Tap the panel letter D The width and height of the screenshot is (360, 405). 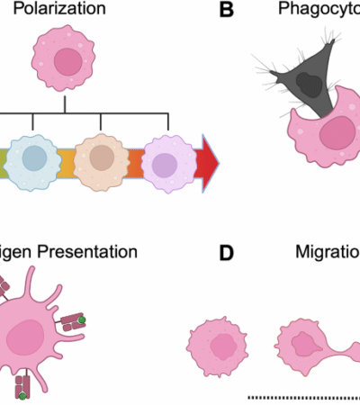point(228,253)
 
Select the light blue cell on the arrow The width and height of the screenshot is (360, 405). point(35,158)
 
